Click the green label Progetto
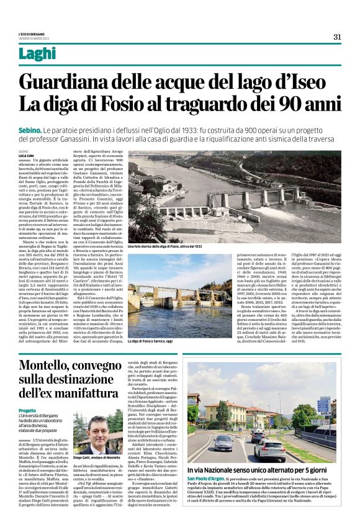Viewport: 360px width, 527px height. [27, 410]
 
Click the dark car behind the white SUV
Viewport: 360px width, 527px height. [224, 442]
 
